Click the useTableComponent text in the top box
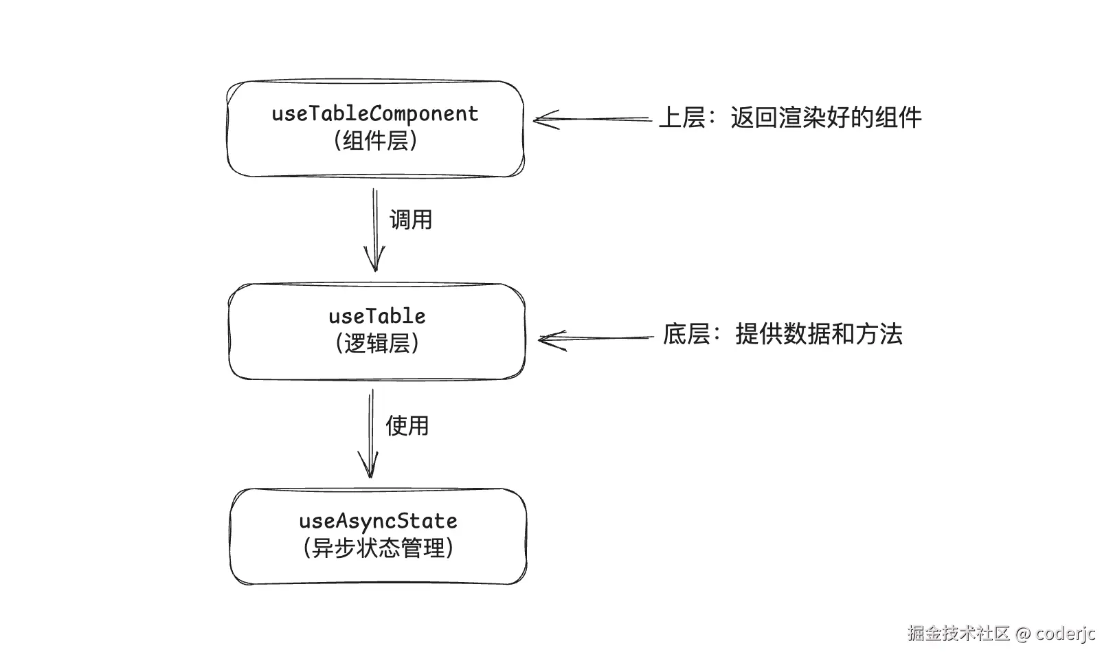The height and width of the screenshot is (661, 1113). (x=375, y=114)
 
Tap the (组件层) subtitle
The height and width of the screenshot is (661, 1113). (x=375, y=141)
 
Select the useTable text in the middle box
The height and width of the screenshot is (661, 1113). (x=376, y=317)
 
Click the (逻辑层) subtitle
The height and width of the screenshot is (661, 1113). (x=376, y=343)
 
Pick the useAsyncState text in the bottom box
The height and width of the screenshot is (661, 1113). (x=378, y=521)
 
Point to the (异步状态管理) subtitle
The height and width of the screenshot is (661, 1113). (x=378, y=548)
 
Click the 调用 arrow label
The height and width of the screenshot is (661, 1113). (x=411, y=220)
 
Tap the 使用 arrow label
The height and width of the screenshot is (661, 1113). (x=407, y=426)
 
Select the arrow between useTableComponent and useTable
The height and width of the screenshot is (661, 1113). (x=375, y=230)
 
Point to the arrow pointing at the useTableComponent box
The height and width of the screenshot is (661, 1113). (x=592, y=120)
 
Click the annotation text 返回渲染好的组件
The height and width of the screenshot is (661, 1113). (x=826, y=117)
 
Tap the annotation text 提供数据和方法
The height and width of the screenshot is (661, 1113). (x=819, y=335)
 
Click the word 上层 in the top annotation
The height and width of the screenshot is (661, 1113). (x=682, y=117)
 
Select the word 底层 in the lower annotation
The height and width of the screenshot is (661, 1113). (x=686, y=335)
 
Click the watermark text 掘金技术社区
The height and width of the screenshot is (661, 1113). (x=958, y=634)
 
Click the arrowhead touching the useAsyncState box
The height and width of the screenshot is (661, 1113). (x=370, y=470)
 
